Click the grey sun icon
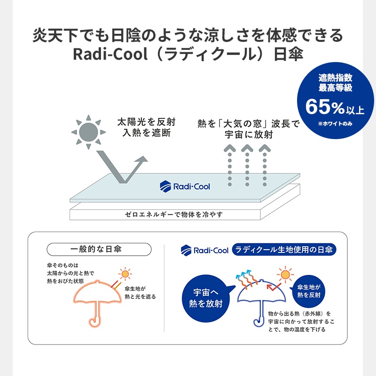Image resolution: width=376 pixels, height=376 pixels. pyautogui.click(x=88, y=132)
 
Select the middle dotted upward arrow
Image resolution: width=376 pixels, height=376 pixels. pyautogui.click(x=247, y=165)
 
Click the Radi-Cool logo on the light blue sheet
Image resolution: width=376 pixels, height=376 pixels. pyautogui.click(x=185, y=186)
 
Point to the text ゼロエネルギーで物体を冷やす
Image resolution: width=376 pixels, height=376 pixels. pyautogui.click(x=173, y=214)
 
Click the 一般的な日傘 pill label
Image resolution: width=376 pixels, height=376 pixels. pyautogui.click(x=99, y=250)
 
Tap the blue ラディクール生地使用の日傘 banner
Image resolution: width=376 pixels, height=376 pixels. pyautogui.click(x=284, y=250)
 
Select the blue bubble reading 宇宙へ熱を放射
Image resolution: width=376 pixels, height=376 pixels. pyautogui.click(x=206, y=298)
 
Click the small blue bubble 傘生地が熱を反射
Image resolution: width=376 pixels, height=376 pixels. pyautogui.click(x=308, y=291)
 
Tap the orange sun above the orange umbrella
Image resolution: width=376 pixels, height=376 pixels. pyautogui.click(x=125, y=274)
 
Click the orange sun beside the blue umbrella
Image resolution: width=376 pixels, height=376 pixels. pyautogui.click(x=285, y=274)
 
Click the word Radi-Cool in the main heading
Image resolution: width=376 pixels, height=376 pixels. pyautogui.click(x=110, y=54)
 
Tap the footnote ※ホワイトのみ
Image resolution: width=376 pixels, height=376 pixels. pyautogui.click(x=335, y=124)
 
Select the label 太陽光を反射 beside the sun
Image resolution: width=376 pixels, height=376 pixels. pyautogui.click(x=147, y=122)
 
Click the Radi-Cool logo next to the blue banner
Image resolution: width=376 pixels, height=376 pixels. pyautogui.click(x=204, y=250)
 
